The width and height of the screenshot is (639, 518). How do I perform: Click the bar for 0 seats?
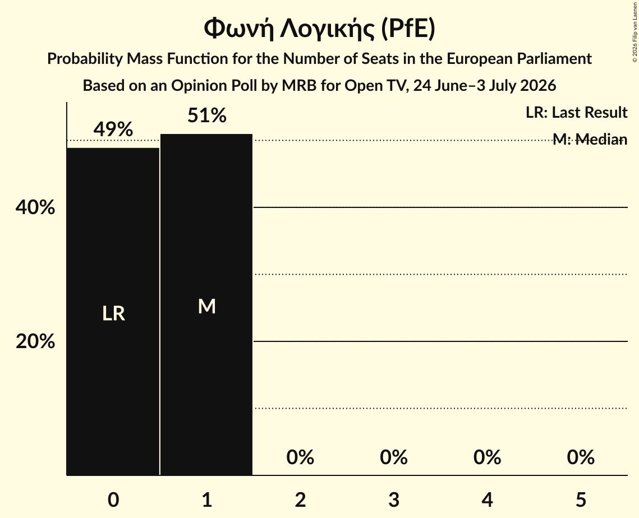(113, 312)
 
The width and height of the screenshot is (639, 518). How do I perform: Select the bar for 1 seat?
(206, 304)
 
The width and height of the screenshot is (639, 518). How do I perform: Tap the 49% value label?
(113, 129)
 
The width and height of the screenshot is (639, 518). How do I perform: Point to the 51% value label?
(206, 115)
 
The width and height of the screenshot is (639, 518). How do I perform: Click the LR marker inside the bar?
(113, 313)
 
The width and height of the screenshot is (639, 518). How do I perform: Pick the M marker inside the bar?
(206, 306)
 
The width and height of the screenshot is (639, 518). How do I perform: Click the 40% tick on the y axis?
(35, 207)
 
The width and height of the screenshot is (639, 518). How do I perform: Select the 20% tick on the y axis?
(35, 341)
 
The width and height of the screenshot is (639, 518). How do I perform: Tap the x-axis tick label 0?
(113, 499)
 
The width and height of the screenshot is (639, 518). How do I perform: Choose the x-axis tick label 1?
(207, 499)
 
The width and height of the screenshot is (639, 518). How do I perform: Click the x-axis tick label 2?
(300, 499)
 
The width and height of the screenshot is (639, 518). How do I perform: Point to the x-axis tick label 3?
(394, 499)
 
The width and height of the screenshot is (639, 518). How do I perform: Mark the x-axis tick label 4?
(488, 499)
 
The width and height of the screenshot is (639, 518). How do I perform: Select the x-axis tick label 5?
(581, 499)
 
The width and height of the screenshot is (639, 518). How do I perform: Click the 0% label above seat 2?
(300, 457)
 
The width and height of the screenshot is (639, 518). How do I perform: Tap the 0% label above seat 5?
(581, 457)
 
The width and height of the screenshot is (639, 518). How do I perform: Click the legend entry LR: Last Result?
(576, 112)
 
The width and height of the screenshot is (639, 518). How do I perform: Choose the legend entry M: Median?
(590, 140)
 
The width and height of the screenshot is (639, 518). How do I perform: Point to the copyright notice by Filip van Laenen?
(635, 32)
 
